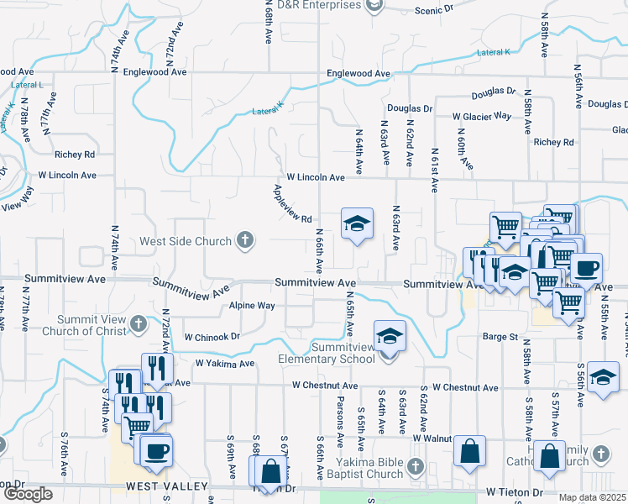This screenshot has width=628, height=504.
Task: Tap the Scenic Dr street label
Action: pyautogui.click(x=433, y=9)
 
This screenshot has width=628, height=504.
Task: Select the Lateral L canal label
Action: pyautogui.click(x=29, y=85)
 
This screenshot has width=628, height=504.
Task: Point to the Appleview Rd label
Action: pyautogui.click(x=292, y=207)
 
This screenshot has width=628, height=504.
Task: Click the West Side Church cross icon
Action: pyautogui.click(x=244, y=242)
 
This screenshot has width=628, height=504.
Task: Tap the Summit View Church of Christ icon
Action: pyautogui.click(x=140, y=323)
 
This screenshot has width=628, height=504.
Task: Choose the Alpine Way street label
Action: pyautogui.click(x=252, y=306)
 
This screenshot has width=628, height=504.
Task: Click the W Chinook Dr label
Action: pyautogui.click(x=212, y=336)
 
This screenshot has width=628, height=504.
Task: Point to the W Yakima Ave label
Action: pyautogui.click(x=224, y=364)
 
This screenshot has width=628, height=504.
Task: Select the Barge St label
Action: pyautogui.click(x=500, y=337)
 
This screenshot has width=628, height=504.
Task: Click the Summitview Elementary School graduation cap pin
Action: pyautogui.click(x=390, y=336)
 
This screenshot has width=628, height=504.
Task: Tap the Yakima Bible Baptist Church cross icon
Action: pyautogui.click(x=414, y=466)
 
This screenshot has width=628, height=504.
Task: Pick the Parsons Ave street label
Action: pyautogui.click(x=340, y=420)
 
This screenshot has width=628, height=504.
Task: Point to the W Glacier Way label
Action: pyautogui.click(x=481, y=116)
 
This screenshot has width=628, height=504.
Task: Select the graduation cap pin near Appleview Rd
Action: pyautogui.click(x=357, y=223)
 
